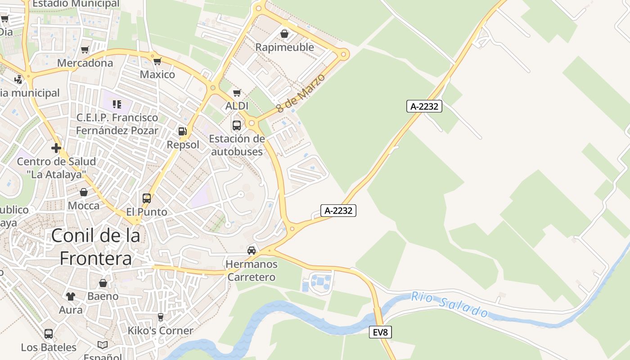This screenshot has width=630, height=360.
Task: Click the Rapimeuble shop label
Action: tap(284, 47)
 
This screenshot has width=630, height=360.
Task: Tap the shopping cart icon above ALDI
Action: tap(237, 93)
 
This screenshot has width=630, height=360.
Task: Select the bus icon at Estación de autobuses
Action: tap(237, 126)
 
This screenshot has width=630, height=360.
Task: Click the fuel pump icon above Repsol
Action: tap(182, 131)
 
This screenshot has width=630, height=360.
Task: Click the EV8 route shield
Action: tap(380, 333)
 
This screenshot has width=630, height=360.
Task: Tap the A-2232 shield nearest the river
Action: tap(338, 210)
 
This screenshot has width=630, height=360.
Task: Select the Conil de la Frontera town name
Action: tap(95, 247)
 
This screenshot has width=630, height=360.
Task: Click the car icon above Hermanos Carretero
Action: tap(252, 250)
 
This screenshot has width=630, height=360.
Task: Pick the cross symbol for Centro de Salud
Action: tap(56, 148)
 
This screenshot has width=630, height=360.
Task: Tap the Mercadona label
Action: tap(85, 63)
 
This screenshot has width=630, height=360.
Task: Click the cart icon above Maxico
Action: tap(157, 61)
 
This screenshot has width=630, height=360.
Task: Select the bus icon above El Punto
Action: tap(146, 198)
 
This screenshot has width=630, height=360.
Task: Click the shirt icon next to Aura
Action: tap(71, 296)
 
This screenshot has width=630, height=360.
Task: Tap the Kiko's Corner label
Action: tap(160, 331)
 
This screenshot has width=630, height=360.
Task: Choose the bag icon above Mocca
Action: tap(84, 193)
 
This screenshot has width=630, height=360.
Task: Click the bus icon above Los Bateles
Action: tap(49, 334)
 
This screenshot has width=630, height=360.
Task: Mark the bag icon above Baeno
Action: tap(103, 283)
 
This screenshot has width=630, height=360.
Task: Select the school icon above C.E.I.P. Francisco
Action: tap(117, 104)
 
